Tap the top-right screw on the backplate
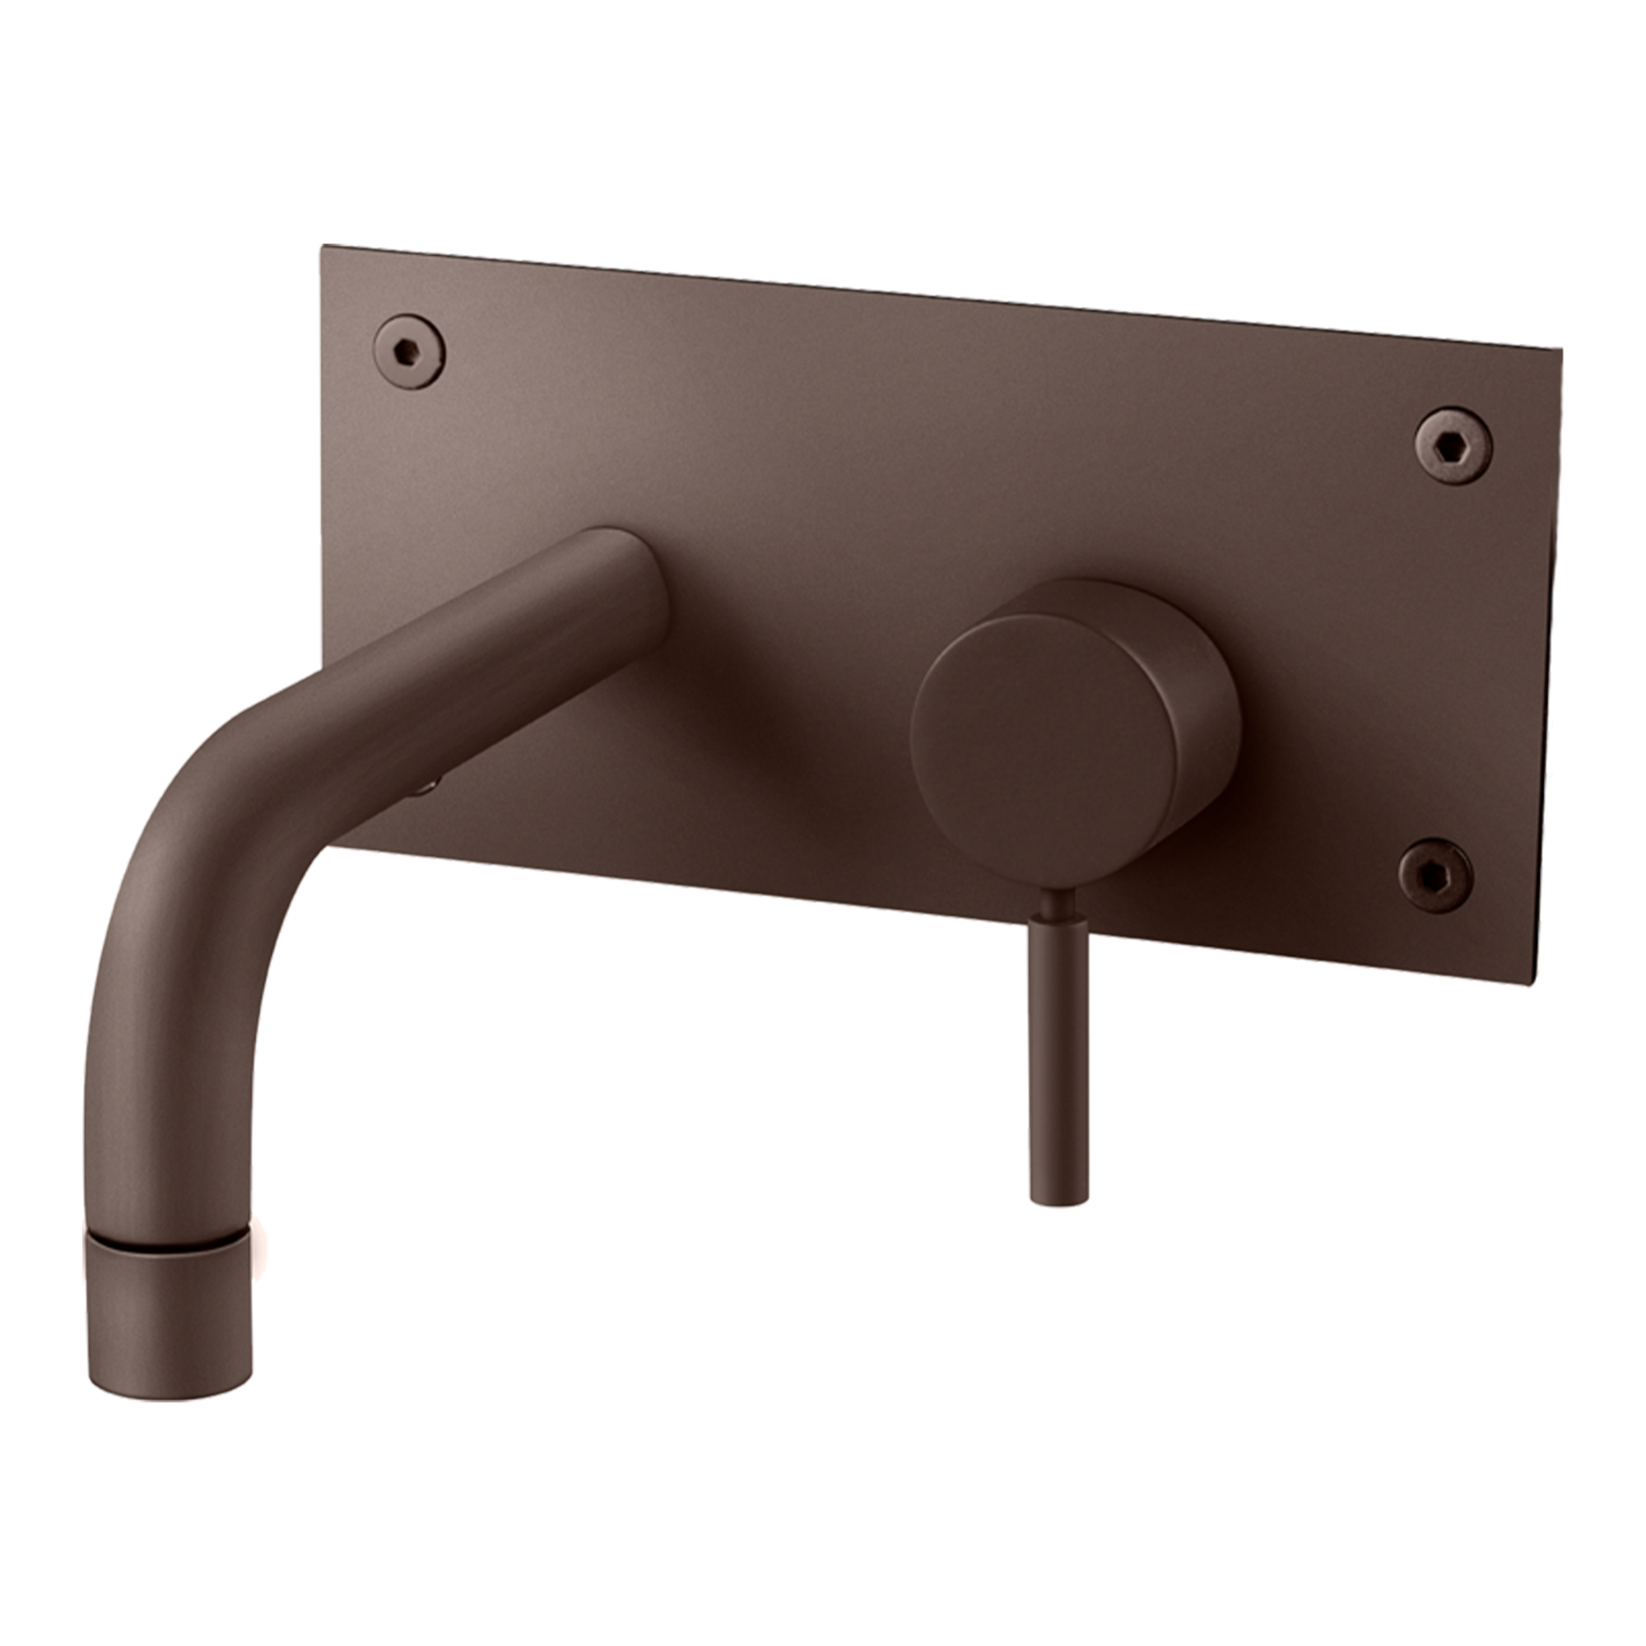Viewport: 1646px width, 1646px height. click(x=1453, y=445)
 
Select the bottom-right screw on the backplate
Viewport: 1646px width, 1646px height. click(x=1435, y=875)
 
